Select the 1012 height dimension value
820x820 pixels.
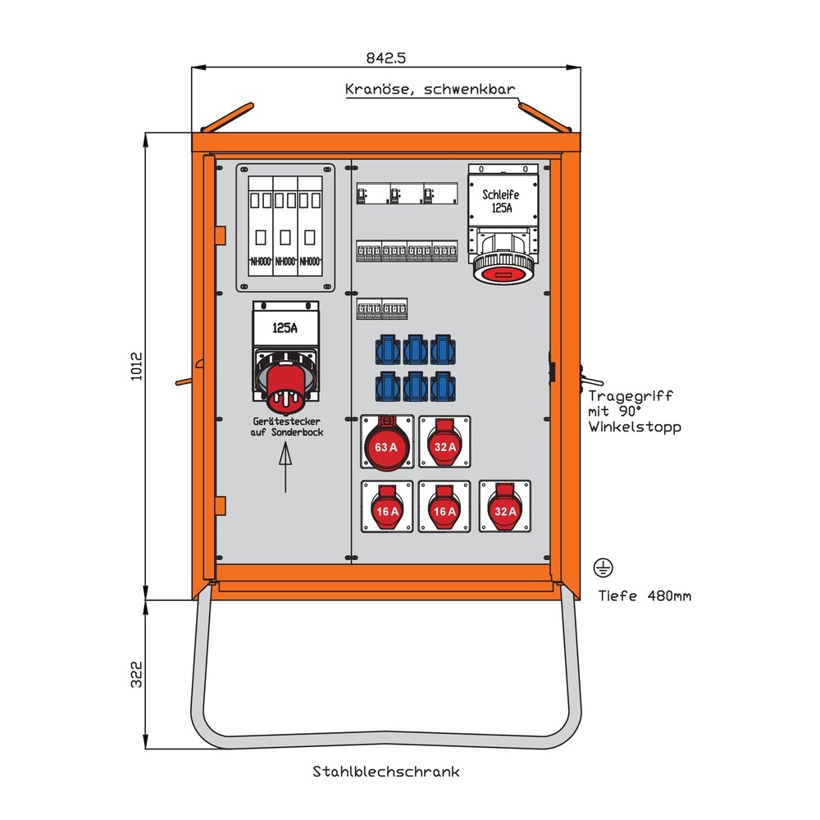pyautogui.click(x=137, y=367)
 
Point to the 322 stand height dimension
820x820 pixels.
pyautogui.click(x=137, y=674)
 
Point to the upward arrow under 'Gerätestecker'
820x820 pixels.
pyautogui.click(x=285, y=467)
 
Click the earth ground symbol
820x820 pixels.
pyautogui.click(x=604, y=567)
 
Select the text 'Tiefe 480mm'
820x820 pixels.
pyautogui.click(x=644, y=596)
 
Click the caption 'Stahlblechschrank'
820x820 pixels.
pyautogui.click(x=385, y=772)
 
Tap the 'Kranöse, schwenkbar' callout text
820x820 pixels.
pyautogui.click(x=430, y=89)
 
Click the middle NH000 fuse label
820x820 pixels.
pyautogui.click(x=285, y=262)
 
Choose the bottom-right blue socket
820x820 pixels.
pyautogui.click(x=442, y=385)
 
